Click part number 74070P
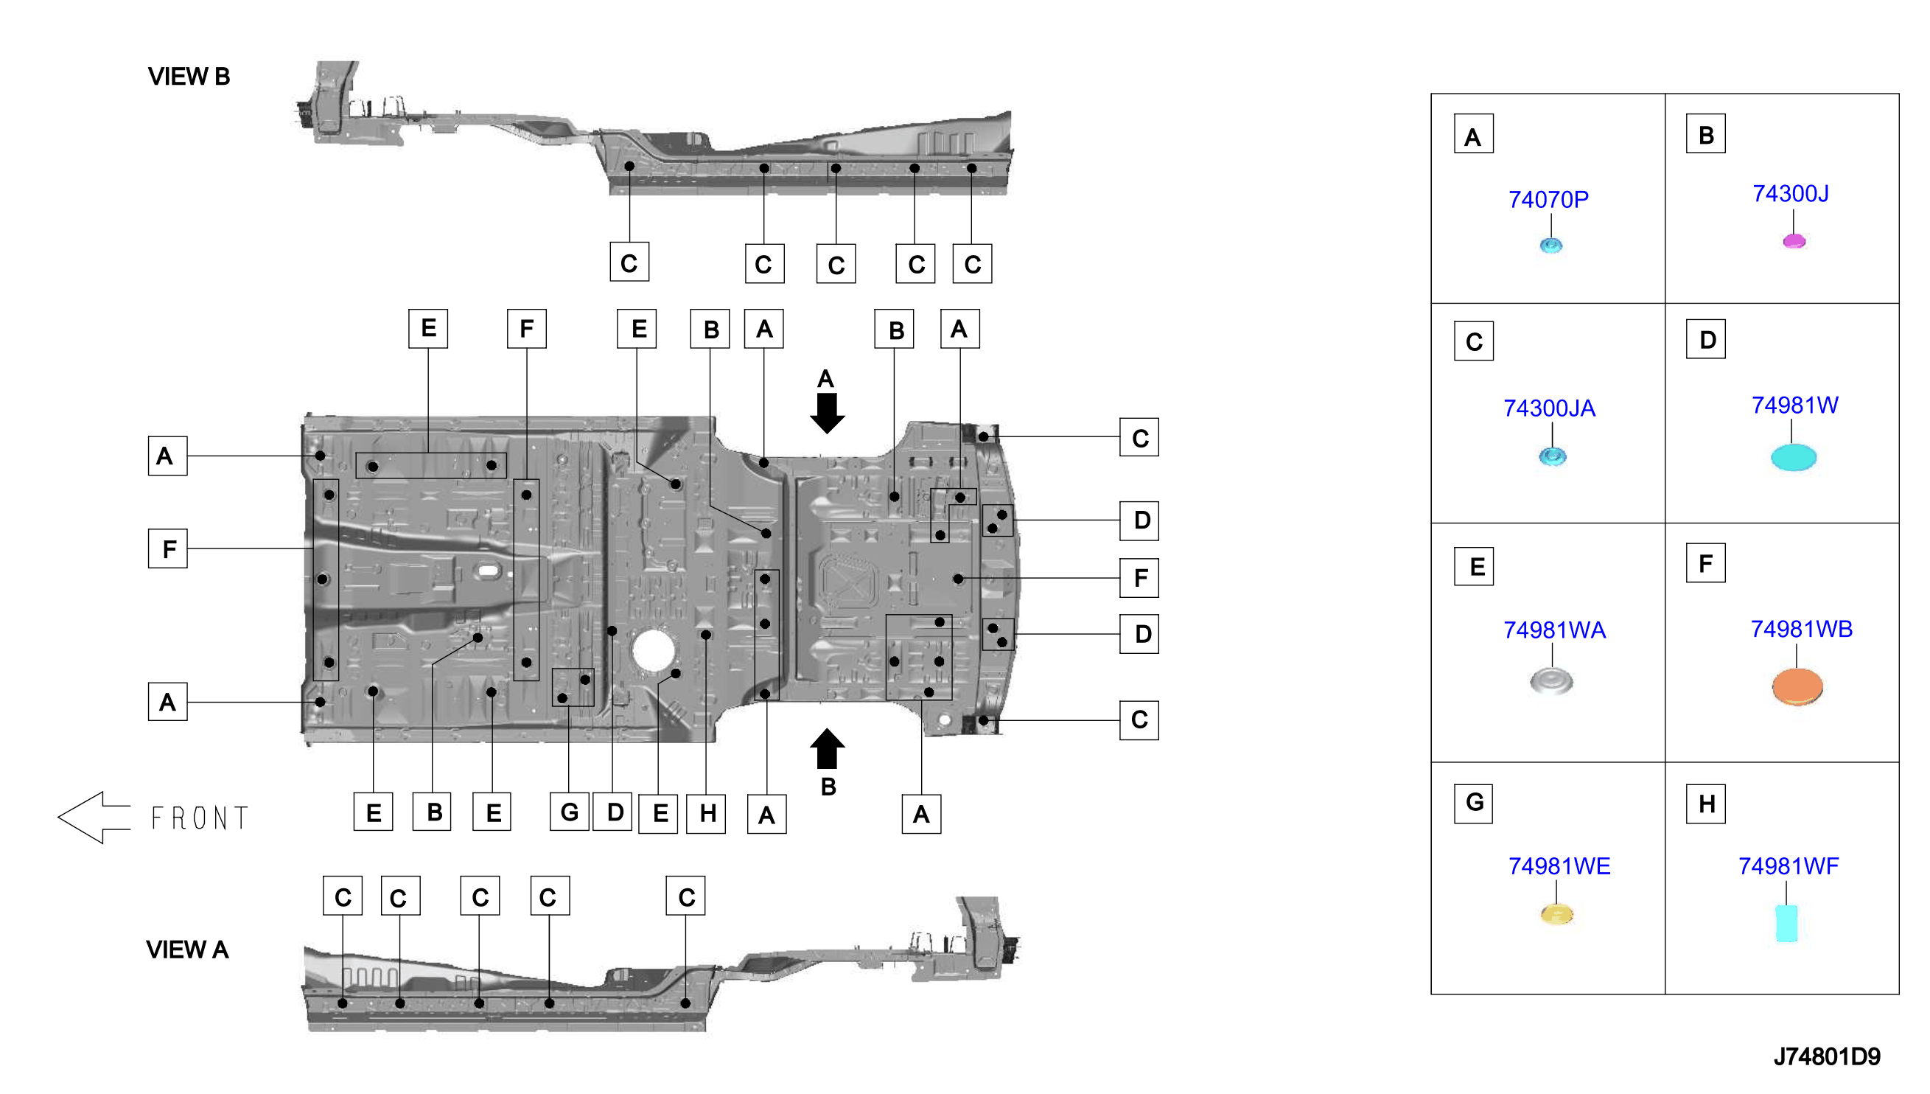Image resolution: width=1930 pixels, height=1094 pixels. click(1548, 200)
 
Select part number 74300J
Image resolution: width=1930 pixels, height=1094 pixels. click(1790, 194)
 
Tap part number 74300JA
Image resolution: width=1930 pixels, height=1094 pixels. click(1548, 408)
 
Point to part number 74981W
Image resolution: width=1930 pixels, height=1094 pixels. click(1794, 405)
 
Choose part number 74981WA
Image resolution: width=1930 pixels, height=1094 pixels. click(1553, 630)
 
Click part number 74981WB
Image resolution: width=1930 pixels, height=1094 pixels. click(1801, 630)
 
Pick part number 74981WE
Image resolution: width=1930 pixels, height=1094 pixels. click(1559, 866)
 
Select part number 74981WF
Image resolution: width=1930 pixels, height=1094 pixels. click(1788, 866)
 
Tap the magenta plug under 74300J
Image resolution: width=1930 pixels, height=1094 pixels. click(1794, 241)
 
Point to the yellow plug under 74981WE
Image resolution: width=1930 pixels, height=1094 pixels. click(1556, 914)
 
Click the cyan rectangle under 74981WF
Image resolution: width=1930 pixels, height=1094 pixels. click(1786, 924)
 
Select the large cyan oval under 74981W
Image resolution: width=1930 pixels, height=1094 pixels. click(1794, 458)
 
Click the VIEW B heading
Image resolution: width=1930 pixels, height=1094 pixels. click(189, 77)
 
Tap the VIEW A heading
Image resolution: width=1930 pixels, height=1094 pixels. click(187, 950)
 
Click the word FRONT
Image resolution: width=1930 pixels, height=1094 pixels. click(199, 818)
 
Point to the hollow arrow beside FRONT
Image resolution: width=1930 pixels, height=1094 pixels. click(94, 818)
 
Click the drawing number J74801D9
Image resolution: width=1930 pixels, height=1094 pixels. click(1826, 1057)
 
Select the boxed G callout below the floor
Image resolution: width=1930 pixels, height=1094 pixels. click(569, 812)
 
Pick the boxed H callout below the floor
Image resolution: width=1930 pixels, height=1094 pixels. click(707, 814)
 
